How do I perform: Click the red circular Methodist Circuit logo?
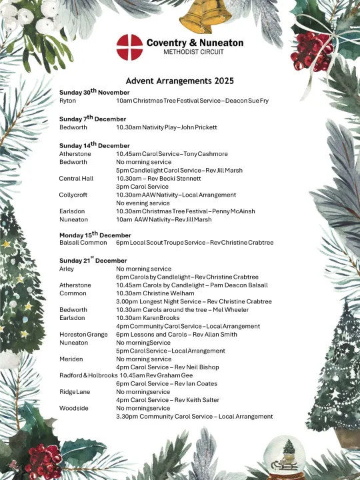coord(129,47)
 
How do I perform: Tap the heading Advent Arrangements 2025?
coord(179,81)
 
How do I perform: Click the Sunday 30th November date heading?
coord(94,91)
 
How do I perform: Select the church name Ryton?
coord(67,100)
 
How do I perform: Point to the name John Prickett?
coord(199,127)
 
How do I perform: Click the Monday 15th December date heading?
coord(95,234)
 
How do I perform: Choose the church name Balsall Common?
coord(83,243)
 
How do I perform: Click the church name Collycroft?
coord(73,195)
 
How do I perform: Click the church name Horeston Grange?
coord(83,334)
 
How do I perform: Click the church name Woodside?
coord(73,408)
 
